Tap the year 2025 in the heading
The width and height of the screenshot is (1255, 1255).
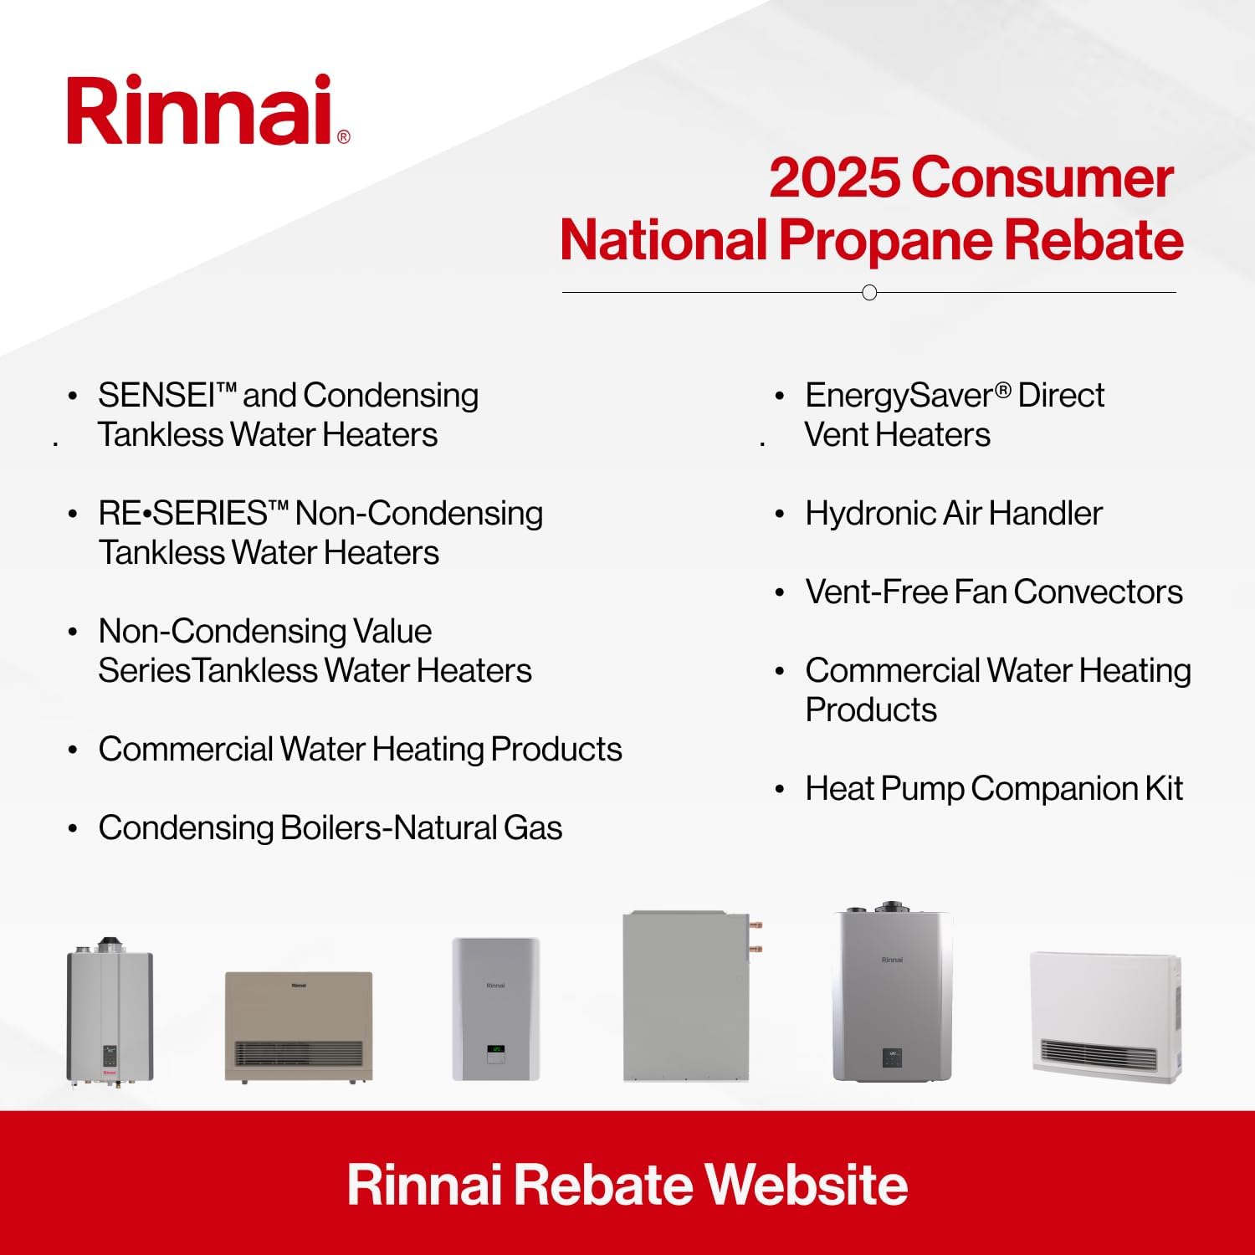pos(833,178)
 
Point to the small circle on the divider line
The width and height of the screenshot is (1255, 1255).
pos(869,293)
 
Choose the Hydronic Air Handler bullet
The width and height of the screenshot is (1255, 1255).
pos(953,514)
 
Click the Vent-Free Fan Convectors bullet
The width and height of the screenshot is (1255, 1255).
pos(993,592)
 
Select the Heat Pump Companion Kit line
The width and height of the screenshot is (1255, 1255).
pos(993,789)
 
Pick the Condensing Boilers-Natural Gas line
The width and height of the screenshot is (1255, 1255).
pos(330,828)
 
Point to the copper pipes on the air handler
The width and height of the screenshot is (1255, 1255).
pos(756,937)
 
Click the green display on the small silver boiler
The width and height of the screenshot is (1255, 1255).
pos(496,1048)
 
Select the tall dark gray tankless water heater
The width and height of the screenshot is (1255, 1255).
pos(892,996)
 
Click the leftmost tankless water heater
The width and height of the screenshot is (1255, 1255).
pos(110,1015)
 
